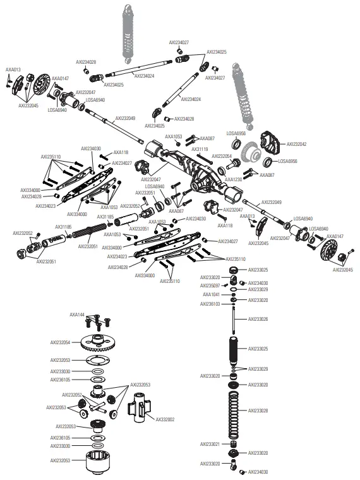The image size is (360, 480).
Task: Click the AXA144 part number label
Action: (x=77, y=314)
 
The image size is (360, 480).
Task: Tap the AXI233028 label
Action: (x=258, y=411)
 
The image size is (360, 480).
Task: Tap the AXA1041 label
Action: (x=212, y=294)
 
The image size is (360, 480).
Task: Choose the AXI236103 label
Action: (x=210, y=304)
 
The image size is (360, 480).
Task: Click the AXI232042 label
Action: (x=296, y=144)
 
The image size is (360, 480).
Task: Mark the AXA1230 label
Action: (x=234, y=179)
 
